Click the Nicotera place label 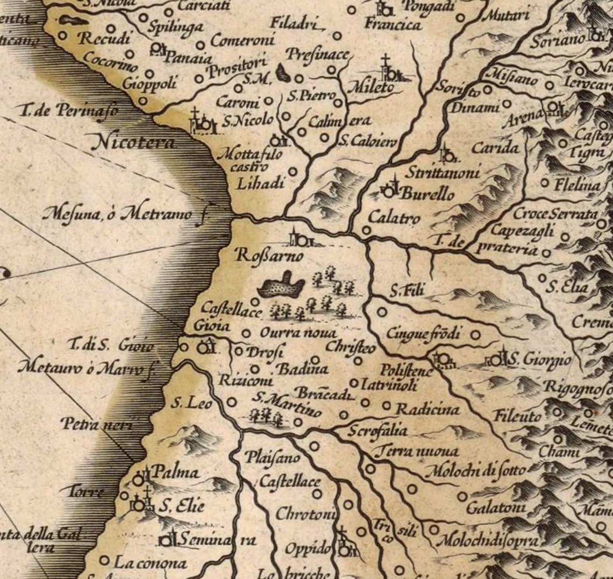point(134,142)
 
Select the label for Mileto point(370,87)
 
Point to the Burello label point(427,194)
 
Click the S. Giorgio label point(539,359)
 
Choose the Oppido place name point(307,549)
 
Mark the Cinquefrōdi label point(424,334)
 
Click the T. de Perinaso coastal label point(68,112)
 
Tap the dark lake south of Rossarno point(281,285)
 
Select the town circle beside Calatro point(366,230)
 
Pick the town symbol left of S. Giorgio point(496,359)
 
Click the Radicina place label point(427,409)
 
